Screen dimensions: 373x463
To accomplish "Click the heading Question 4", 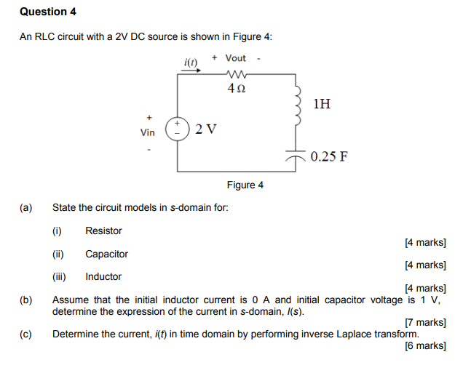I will (x=48, y=12).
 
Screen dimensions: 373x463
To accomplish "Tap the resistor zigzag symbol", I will (x=237, y=73).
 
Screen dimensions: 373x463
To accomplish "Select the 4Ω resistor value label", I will (x=237, y=88).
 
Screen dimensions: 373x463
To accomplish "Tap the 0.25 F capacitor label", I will (x=329, y=156).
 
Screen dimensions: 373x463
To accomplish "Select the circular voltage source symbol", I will (x=178, y=129).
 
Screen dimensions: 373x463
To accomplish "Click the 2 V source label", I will (x=206, y=130).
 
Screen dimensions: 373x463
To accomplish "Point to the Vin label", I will (x=148, y=132).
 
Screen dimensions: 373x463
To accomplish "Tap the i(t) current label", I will (x=191, y=62).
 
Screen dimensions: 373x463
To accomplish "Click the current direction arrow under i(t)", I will (x=191, y=72).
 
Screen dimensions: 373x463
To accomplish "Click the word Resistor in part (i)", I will (x=103, y=231).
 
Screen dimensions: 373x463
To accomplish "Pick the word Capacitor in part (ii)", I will (x=106, y=254).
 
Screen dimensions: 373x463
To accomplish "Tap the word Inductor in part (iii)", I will (x=103, y=277).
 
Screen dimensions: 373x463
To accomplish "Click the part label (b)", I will (x=27, y=300).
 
